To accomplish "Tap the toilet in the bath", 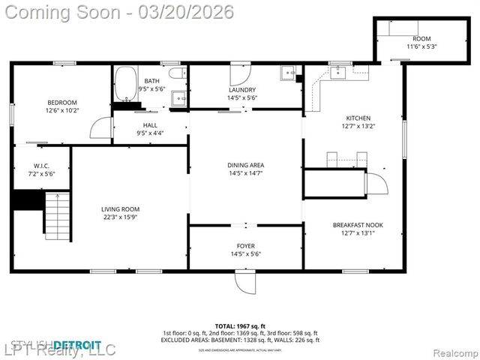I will point(177,73).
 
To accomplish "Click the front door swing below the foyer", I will point(245,281).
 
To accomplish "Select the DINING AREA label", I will point(245,165).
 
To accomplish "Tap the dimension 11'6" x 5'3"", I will point(421,46).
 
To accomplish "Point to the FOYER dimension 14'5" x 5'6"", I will point(245,253).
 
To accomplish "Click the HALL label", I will point(151,125).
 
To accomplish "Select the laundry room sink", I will point(289,73).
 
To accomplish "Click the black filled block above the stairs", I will point(27,200).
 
